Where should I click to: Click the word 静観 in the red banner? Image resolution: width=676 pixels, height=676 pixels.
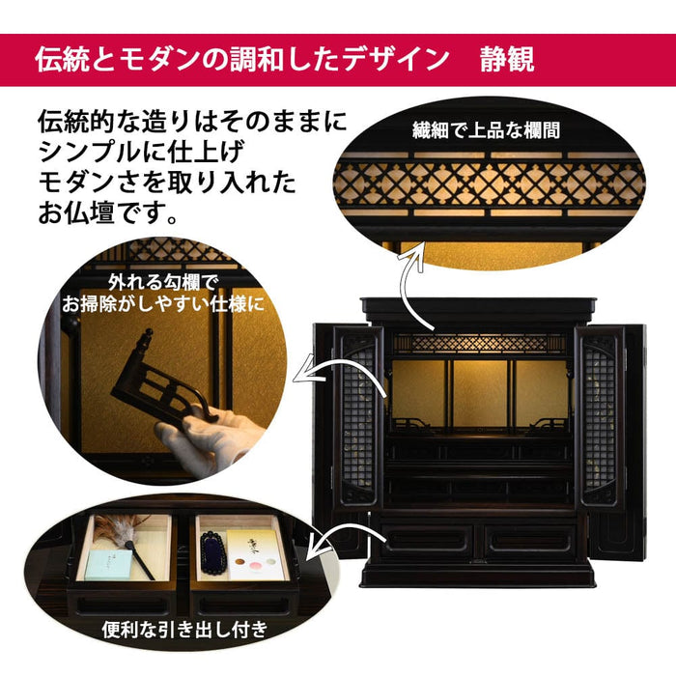click(507, 59)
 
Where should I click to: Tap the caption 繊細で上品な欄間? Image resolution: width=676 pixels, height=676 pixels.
click(486, 129)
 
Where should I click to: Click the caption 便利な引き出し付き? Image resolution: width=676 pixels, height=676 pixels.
click(185, 630)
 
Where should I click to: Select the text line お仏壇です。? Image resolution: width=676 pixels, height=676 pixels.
click(108, 212)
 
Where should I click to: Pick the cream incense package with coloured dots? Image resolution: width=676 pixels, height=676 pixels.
click(254, 555)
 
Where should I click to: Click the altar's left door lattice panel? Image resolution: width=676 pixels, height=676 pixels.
click(358, 417)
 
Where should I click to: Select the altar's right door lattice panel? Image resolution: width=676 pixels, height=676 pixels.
click(600, 417)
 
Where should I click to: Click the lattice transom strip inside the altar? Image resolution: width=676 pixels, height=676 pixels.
click(479, 344)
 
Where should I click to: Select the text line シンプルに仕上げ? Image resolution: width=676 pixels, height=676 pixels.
click(142, 151)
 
